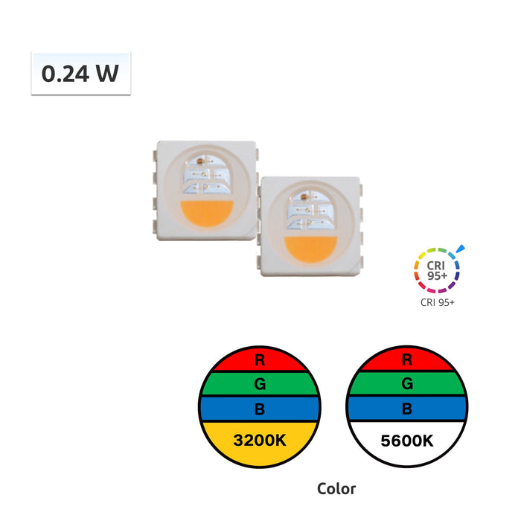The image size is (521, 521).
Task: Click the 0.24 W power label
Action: [80, 74]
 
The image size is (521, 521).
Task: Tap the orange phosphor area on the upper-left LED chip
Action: [207, 214]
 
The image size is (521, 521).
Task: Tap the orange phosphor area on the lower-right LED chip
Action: [310, 249]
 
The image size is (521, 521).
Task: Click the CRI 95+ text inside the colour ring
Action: [437, 270]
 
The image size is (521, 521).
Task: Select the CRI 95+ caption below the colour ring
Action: [438, 302]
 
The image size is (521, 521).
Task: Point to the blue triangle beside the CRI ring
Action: [461, 249]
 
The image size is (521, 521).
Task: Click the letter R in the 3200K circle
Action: [260, 359]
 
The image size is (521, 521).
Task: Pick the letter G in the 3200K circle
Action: [260, 384]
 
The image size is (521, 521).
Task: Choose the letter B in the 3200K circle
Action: [260, 409]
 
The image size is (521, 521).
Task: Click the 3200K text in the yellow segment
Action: [260, 441]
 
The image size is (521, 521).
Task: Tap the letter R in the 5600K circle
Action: [407, 359]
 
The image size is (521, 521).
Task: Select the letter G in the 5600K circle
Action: [407, 384]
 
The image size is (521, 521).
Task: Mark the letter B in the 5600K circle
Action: [407, 409]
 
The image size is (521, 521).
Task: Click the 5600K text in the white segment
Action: [407, 441]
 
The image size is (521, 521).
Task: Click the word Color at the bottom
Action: [336, 489]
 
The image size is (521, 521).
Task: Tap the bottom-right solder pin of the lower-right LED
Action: [361, 262]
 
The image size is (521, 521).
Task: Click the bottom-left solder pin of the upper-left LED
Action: [155, 226]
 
